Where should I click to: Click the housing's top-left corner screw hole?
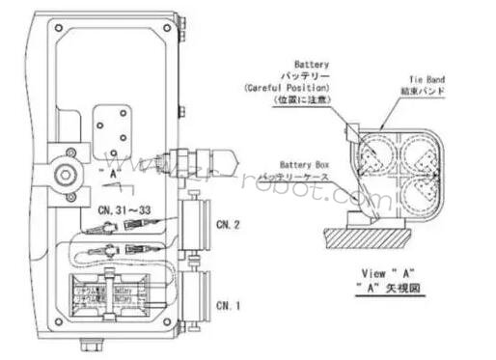[x=53, y=27]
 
